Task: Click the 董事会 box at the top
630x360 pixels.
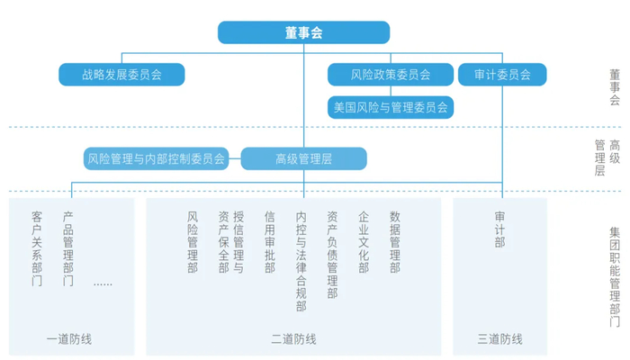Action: (303, 33)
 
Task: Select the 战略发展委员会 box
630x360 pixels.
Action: (121, 75)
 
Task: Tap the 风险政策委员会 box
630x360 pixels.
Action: (378, 75)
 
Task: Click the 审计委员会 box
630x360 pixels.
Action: (502, 75)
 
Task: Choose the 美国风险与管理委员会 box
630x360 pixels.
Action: (390, 107)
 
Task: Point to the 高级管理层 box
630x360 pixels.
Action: (303, 159)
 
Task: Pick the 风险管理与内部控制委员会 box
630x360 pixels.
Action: (155, 159)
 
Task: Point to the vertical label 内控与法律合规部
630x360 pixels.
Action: (301, 261)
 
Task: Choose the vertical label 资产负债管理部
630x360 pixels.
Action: (332, 255)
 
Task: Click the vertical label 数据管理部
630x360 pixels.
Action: (394, 242)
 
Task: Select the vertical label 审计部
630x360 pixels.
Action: (499, 229)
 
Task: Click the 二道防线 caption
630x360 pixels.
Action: (293, 339)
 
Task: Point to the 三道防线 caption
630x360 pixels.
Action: (499, 339)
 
